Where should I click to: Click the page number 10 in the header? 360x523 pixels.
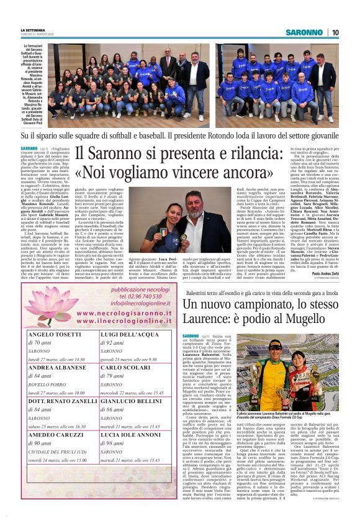(335, 32)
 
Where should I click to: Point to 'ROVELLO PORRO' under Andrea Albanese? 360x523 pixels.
(50, 384)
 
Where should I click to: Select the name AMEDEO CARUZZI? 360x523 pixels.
(56, 434)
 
